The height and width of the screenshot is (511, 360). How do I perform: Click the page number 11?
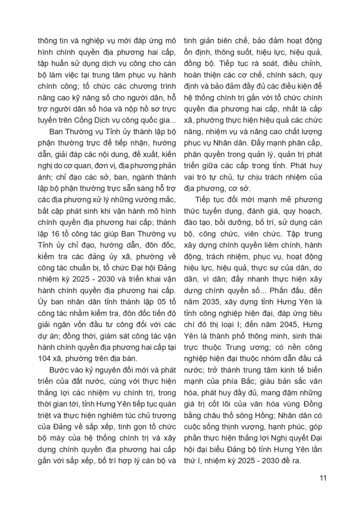pos(323,477)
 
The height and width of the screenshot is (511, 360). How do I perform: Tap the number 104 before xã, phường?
pos(45,356)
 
